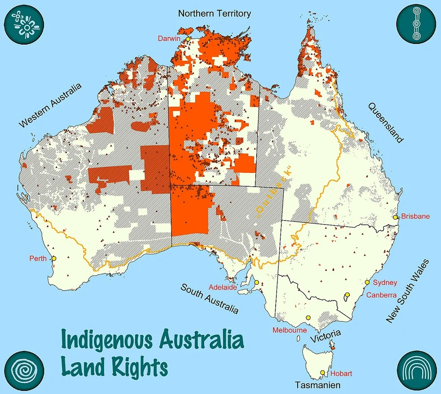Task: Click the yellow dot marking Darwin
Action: point(187,39)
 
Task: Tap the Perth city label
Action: point(38,258)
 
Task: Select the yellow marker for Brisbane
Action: point(396,217)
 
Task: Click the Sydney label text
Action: point(385,282)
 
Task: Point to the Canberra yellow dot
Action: point(348,295)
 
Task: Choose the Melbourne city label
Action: point(289,330)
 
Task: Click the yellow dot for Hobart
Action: point(322,373)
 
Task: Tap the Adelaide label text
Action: point(223,286)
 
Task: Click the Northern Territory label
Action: point(214,13)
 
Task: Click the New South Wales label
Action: point(407,292)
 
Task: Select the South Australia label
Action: point(209,298)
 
